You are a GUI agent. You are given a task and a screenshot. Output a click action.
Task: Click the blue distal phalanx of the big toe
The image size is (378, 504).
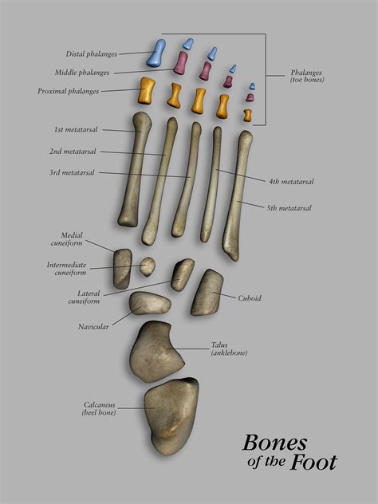coord(156,53)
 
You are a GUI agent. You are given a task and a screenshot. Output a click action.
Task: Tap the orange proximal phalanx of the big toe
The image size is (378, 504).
coord(146,91)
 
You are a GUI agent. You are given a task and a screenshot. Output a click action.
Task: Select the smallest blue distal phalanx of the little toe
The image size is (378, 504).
coord(252,86)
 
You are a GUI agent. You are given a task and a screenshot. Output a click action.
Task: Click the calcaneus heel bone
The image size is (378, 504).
coord(171,416)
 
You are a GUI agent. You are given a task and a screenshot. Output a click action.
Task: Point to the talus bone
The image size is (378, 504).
coord(156,352)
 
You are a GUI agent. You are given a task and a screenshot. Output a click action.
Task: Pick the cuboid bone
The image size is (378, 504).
coord(207,293)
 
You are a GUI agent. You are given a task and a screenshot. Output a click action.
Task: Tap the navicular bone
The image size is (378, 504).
coord(150,303)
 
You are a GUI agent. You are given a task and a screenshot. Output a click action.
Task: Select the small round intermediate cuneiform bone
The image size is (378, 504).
coord(148,266)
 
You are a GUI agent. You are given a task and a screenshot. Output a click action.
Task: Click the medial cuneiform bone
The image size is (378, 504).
coord(123,269)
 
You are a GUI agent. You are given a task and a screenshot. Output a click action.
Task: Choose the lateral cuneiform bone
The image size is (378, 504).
coord(183,275)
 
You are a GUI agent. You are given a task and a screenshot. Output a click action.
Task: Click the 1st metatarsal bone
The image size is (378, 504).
coord(135,169)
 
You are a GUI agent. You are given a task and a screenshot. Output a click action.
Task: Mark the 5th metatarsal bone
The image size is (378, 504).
coord(238,195)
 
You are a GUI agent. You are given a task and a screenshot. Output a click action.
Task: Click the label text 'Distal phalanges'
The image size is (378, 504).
coord(92,54)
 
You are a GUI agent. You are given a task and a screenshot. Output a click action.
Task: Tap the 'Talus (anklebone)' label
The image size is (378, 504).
coord(229,348)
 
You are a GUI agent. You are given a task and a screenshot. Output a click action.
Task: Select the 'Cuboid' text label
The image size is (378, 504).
coord(250,298)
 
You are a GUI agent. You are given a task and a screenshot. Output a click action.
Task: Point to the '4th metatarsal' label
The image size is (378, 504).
coord(291,182)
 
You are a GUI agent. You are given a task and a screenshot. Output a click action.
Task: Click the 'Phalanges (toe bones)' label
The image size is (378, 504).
coord(307,77)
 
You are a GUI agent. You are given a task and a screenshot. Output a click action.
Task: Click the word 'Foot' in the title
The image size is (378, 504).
coord(313,463)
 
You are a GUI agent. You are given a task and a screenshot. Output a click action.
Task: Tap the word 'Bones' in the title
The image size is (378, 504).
coord(274,443)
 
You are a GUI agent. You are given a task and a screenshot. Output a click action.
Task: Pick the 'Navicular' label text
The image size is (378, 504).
coord(93,327)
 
